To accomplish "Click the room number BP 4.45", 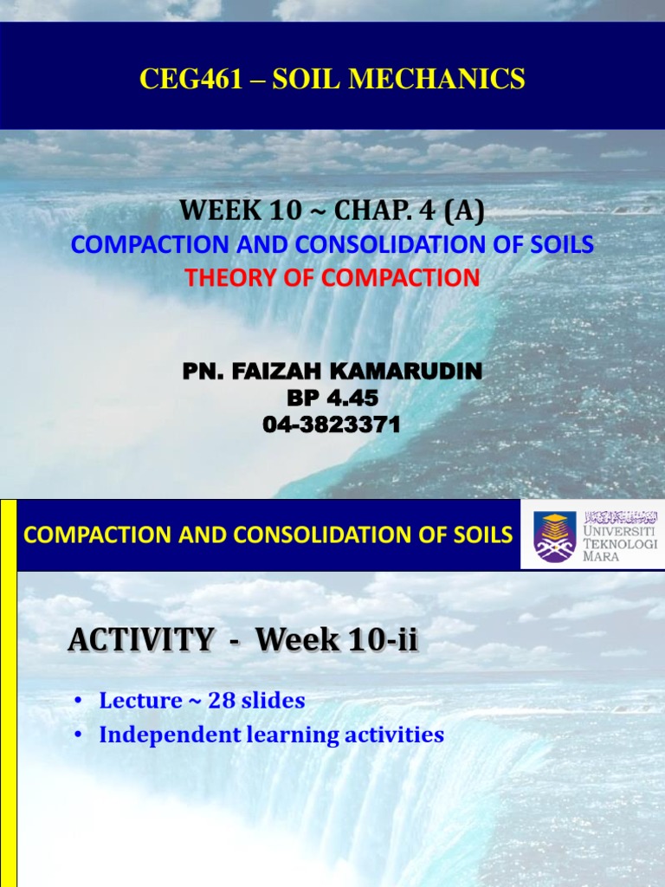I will coord(332,398).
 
